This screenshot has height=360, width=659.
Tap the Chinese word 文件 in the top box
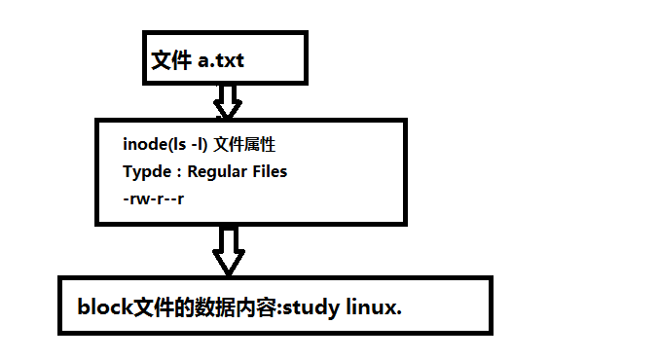pos(169,60)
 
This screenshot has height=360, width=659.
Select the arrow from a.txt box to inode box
pos(228,98)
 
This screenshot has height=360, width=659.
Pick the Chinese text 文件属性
pos(245,144)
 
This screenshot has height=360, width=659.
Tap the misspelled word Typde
pos(146,171)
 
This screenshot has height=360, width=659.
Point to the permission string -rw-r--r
pos(154,198)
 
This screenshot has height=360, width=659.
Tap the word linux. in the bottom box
pos(374,306)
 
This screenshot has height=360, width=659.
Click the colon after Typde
pos(176,172)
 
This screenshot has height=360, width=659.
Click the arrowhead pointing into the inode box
pos(228,108)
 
